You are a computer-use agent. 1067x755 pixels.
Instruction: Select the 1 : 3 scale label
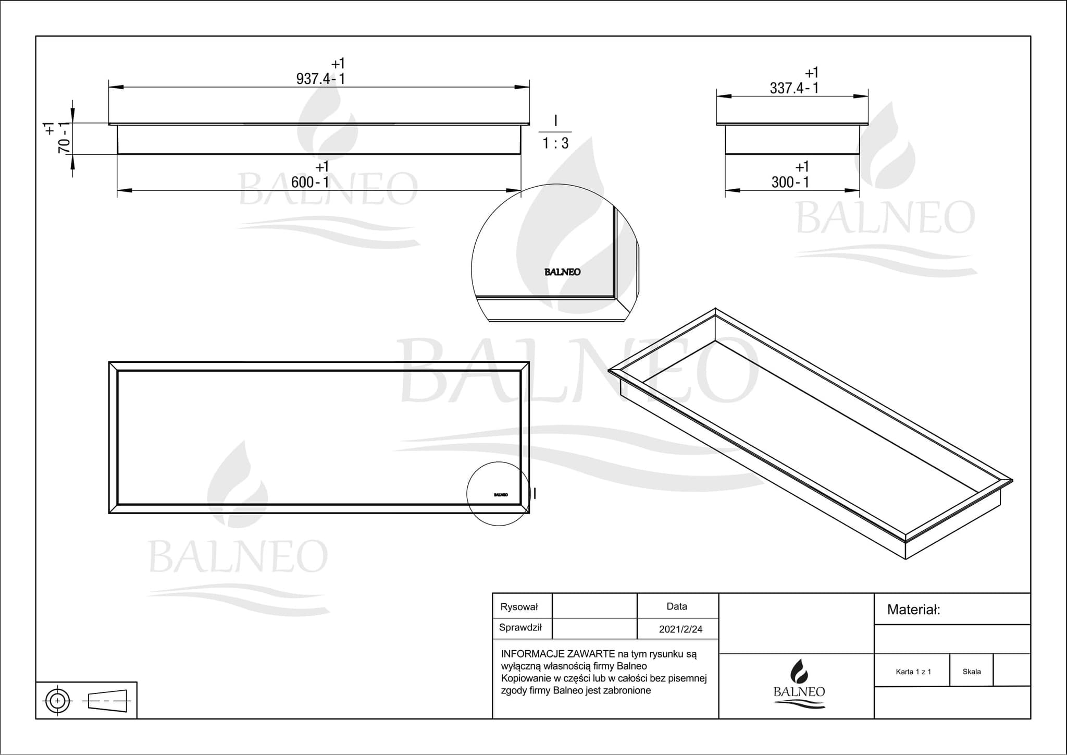[555, 143]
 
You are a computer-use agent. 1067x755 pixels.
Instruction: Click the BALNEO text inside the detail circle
[562, 272]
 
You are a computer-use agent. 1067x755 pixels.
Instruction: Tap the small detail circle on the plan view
[498, 494]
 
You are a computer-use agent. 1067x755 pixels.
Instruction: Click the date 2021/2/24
[680, 629]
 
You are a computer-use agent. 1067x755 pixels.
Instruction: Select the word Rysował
[519, 607]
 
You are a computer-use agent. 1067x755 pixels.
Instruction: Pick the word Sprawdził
[520, 628]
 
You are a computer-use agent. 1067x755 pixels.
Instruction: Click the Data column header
[677, 606]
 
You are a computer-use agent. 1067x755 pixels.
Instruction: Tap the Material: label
[913, 610]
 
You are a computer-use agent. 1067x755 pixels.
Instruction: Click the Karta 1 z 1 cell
[913, 672]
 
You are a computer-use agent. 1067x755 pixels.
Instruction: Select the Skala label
[972, 672]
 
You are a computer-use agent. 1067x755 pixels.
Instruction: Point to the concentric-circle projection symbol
[57, 700]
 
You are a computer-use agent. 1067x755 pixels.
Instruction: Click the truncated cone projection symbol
[108, 700]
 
